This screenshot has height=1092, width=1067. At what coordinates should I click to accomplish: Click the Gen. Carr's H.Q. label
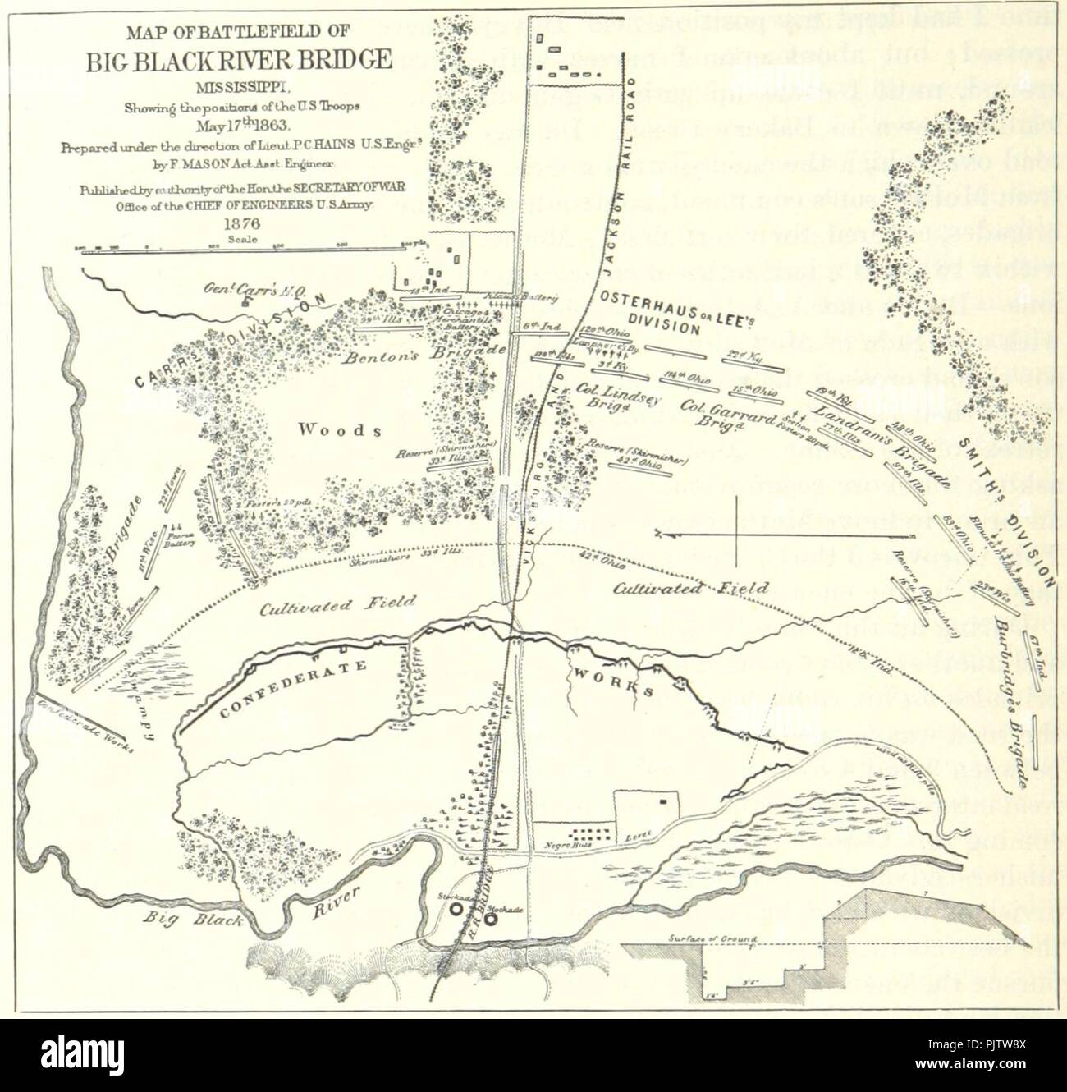pyautogui.click(x=240, y=289)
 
